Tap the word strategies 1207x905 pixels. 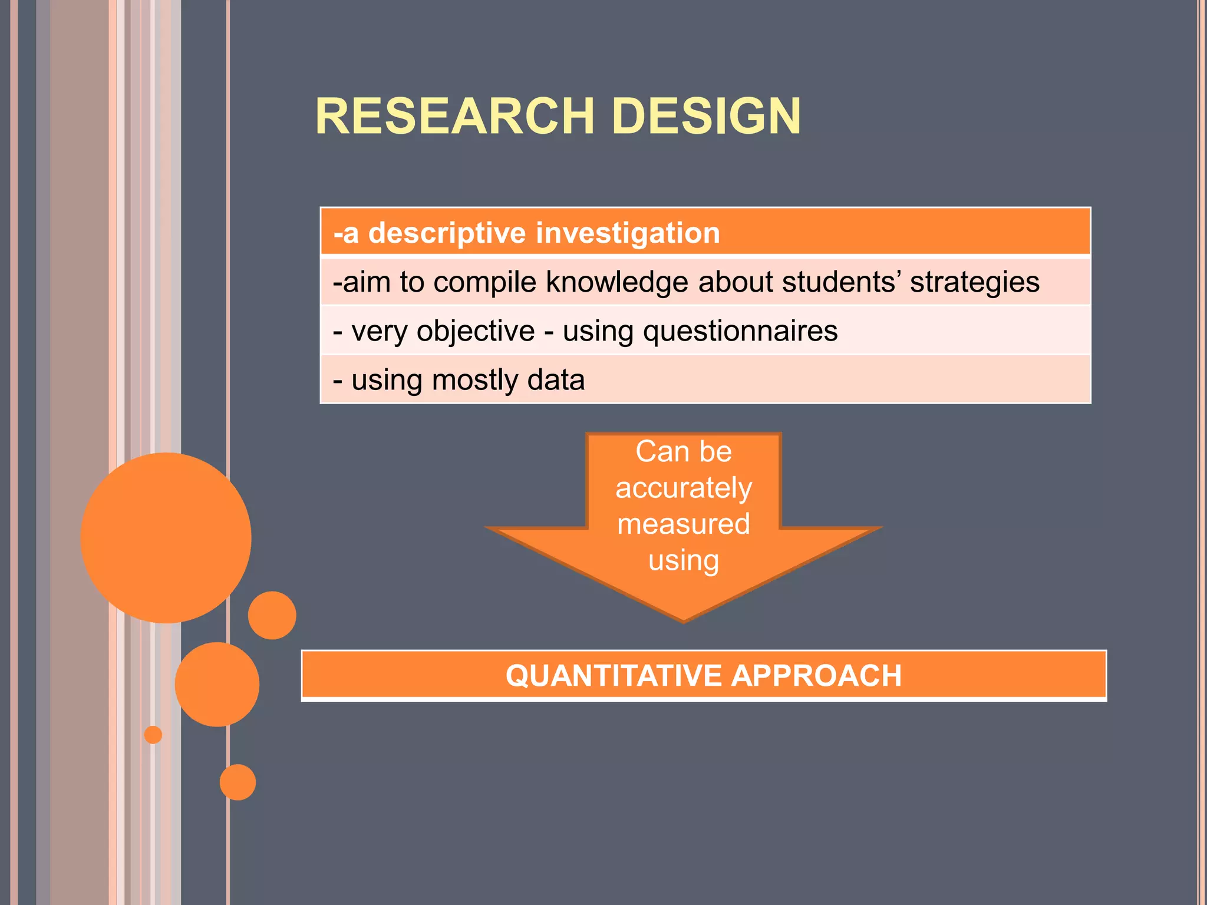[x=975, y=282]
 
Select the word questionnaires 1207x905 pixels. [x=740, y=331]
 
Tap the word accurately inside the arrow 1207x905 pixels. [x=684, y=488]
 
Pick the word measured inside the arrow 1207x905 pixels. [x=684, y=524]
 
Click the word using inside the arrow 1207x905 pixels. [x=684, y=560]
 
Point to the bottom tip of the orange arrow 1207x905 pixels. [x=684, y=620]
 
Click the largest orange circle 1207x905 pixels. [x=166, y=537]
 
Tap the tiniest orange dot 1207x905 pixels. [x=153, y=735]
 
